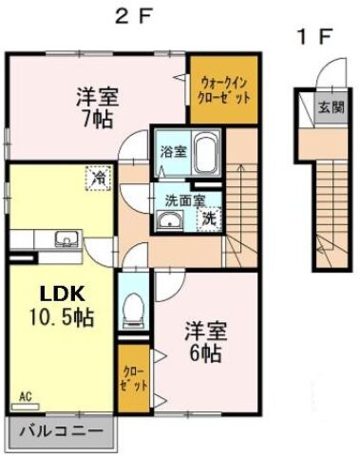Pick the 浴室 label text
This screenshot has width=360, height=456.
pos(173,150)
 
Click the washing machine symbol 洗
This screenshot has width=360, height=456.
pos(208,218)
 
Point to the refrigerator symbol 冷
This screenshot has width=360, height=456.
pos(98,177)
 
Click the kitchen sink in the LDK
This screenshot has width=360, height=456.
pos(63,239)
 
